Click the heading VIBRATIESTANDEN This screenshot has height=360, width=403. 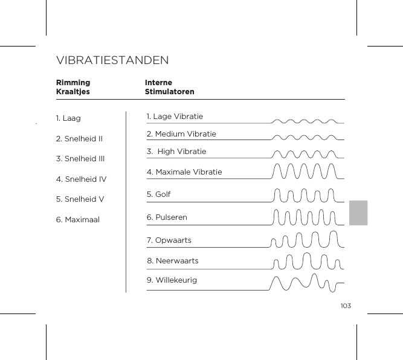112,61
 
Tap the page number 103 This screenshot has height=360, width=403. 345,306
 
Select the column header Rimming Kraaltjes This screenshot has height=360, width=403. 73,87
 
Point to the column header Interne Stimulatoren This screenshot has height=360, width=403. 170,87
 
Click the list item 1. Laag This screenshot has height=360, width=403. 68,118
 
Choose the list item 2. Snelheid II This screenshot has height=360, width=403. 79,139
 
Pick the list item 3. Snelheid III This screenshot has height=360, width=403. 80,159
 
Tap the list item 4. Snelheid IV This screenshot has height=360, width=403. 81,179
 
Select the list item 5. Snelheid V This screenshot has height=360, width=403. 80,199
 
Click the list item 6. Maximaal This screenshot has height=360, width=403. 78,220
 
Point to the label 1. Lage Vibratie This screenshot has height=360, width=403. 175,116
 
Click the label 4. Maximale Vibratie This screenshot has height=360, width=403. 184,172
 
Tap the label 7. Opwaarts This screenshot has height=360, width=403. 169,240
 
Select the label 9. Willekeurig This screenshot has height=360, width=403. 172,280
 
